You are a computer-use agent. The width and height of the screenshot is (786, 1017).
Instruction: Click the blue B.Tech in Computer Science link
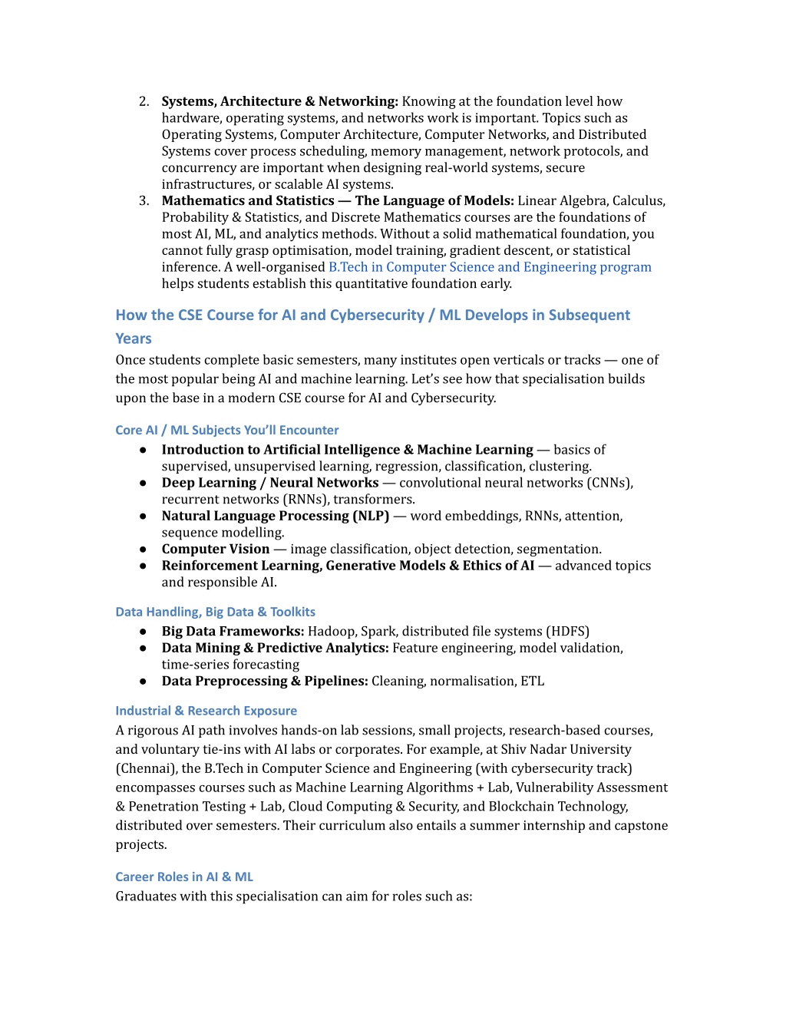click(x=490, y=267)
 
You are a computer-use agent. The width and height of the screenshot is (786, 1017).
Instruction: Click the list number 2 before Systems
click(x=144, y=101)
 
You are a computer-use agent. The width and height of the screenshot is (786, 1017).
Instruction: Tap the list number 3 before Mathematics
click(x=144, y=201)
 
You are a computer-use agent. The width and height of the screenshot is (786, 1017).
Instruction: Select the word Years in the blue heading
click(x=134, y=338)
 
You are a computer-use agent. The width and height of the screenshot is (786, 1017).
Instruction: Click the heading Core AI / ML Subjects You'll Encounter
click(x=226, y=430)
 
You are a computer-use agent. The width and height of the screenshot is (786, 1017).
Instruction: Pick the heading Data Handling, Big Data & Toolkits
click(x=215, y=612)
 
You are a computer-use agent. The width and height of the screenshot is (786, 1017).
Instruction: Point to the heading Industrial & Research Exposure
click(x=206, y=711)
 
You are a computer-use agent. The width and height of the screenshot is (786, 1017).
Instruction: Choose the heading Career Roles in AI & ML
click(x=184, y=877)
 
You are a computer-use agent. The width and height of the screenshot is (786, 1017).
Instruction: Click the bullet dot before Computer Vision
click(x=143, y=550)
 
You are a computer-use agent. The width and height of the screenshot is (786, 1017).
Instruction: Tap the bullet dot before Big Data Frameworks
click(x=143, y=632)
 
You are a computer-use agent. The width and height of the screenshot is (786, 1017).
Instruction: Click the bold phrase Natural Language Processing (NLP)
click(x=275, y=516)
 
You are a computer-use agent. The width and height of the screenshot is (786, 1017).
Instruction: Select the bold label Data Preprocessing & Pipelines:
click(x=265, y=682)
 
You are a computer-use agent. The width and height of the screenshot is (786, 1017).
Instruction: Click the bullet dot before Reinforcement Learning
click(x=143, y=566)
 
